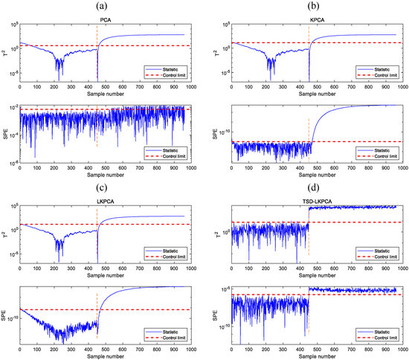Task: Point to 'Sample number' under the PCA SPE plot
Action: point(103,178)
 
